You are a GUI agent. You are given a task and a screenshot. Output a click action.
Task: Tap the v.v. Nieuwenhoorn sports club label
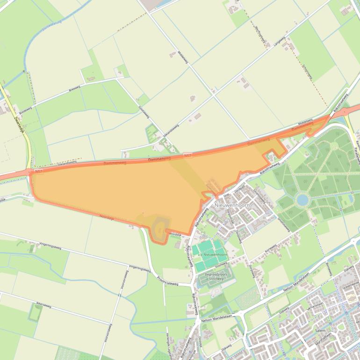click(x=213, y=254)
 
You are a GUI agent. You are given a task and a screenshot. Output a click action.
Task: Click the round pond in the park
click(x=302, y=201)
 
